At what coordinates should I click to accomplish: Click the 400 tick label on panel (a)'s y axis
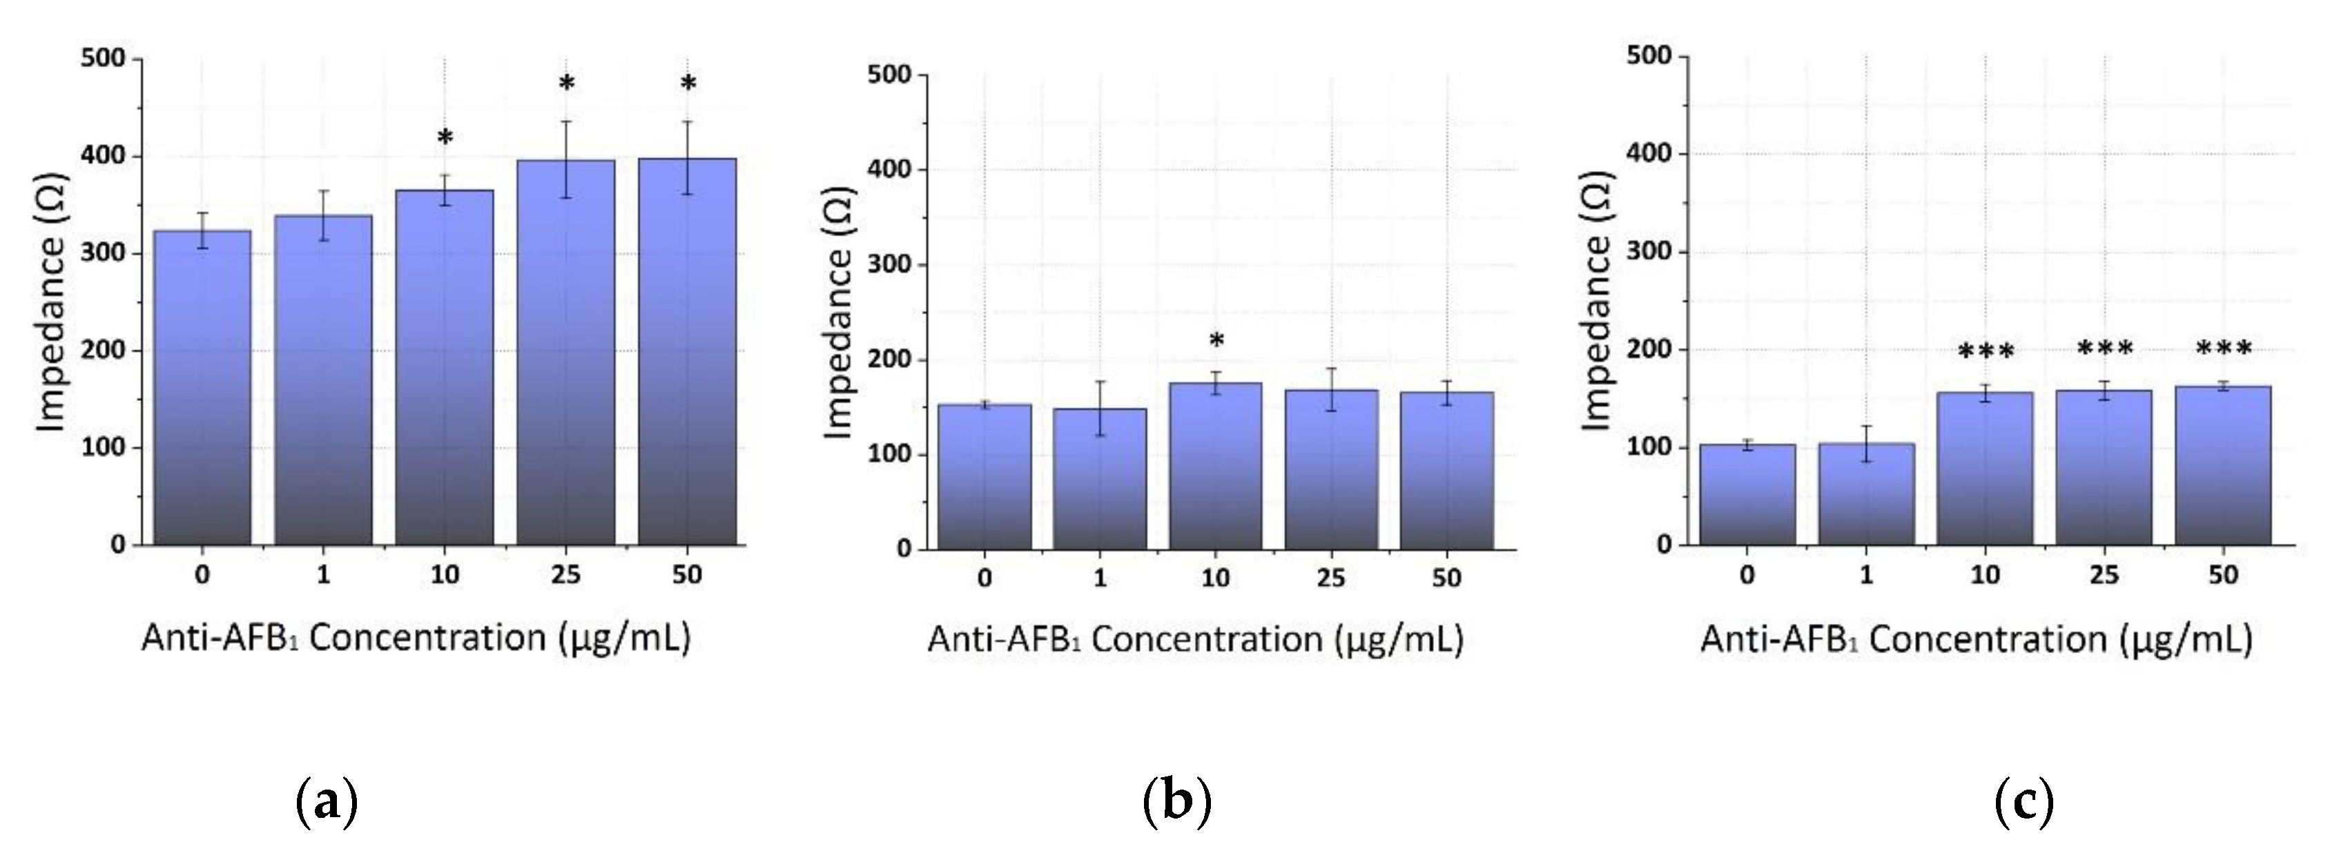click(x=102, y=157)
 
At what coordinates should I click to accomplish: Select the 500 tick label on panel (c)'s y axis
click(x=1650, y=57)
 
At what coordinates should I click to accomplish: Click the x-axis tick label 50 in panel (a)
click(x=687, y=576)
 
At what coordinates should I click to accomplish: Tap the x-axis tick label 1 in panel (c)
click(x=1866, y=576)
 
